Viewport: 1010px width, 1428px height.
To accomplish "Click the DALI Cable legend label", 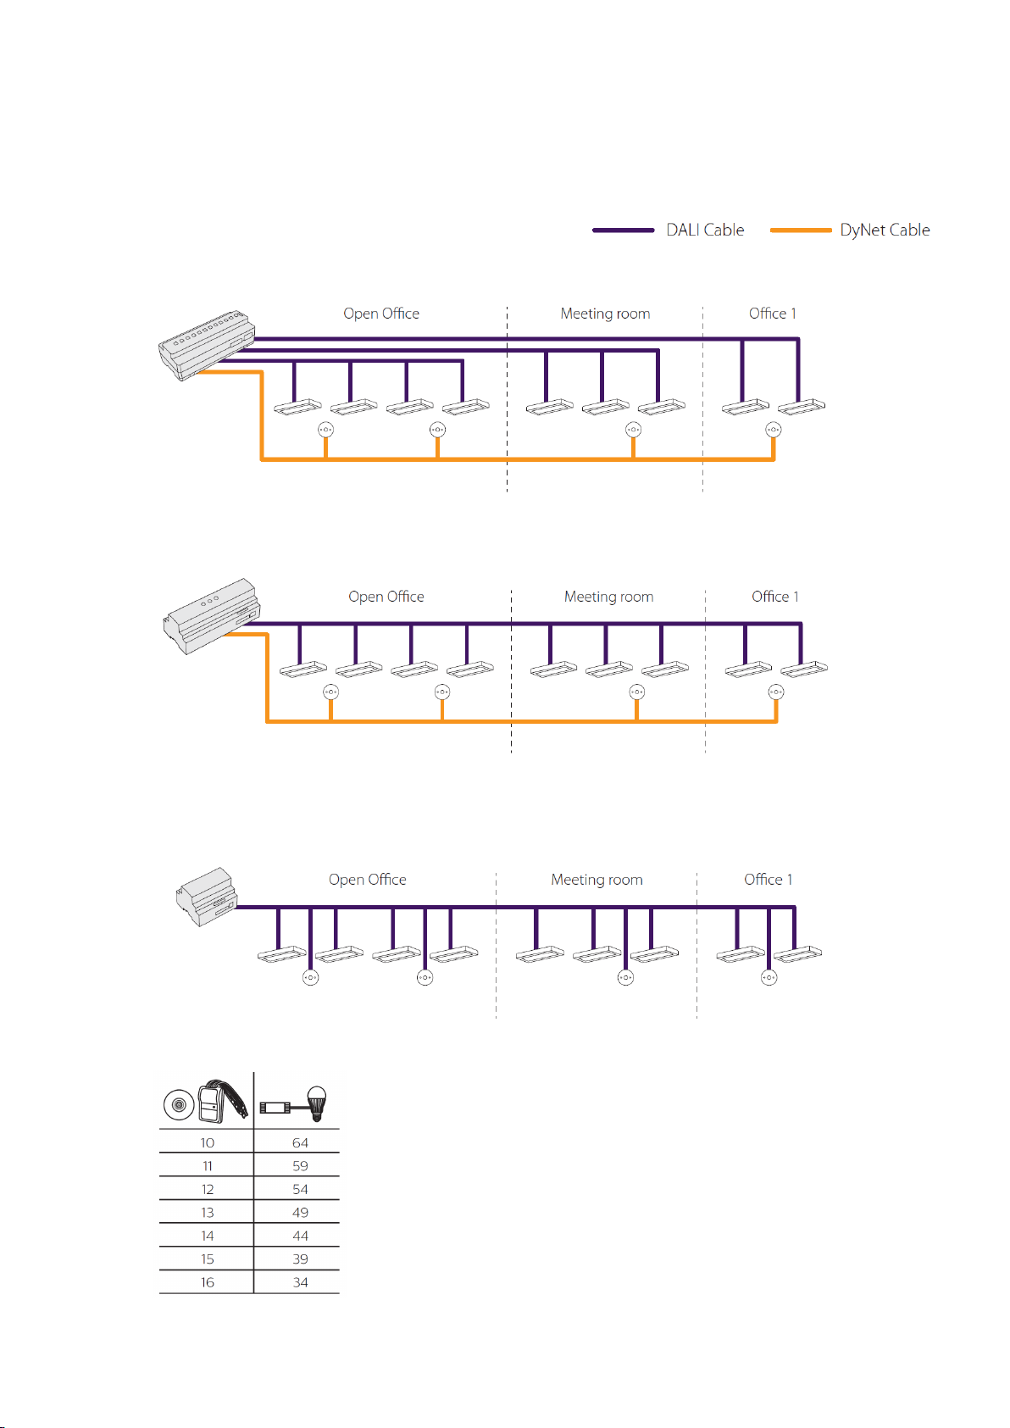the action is (704, 231).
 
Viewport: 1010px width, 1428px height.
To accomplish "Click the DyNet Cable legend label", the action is (884, 231).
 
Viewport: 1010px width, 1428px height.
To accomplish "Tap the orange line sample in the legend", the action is (800, 231).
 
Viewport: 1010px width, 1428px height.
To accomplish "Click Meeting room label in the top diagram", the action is (605, 314).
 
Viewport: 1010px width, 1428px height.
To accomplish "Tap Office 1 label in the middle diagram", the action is (774, 597).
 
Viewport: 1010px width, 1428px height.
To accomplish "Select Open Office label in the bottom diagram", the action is (367, 880).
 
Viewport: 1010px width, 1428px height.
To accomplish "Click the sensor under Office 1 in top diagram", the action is (773, 430).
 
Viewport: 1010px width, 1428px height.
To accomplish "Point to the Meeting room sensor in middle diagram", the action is (636, 692).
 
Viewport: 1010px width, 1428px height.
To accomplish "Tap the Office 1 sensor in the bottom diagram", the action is (769, 977).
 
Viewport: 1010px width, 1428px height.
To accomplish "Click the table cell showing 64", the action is (300, 1143).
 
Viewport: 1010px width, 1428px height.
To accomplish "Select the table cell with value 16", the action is (208, 1282).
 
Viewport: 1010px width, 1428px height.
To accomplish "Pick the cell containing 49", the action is (300, 1213).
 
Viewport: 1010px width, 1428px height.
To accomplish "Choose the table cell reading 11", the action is (208, 1166).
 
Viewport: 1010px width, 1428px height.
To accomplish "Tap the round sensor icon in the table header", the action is (178, 1105).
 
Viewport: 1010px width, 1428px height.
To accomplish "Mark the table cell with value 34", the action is (300, 1282).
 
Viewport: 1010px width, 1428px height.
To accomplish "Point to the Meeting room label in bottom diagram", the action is (597, 880).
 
